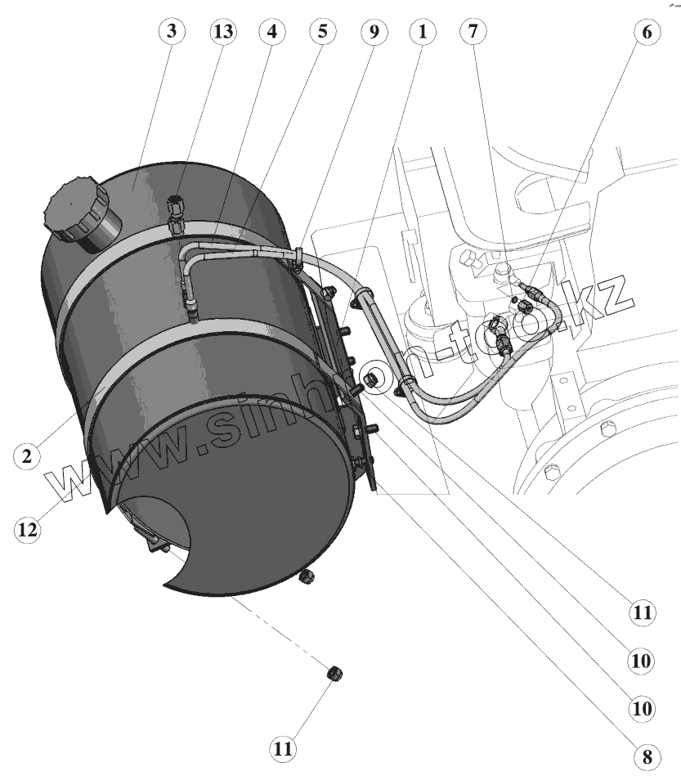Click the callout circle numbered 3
pyautogui.click(x=171, y=32)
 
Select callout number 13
pyautogui.click(x=222, y=32)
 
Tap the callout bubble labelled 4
pyautogui.click(x=272, y=32)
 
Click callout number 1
pyautogui.click(x=423, y=32)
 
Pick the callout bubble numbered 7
pyautogui.click(x=473, y=32)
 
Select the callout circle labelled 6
pyautogui.click(x=646, y=34)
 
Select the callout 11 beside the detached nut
pyautogui.click(x=284, y=747)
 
